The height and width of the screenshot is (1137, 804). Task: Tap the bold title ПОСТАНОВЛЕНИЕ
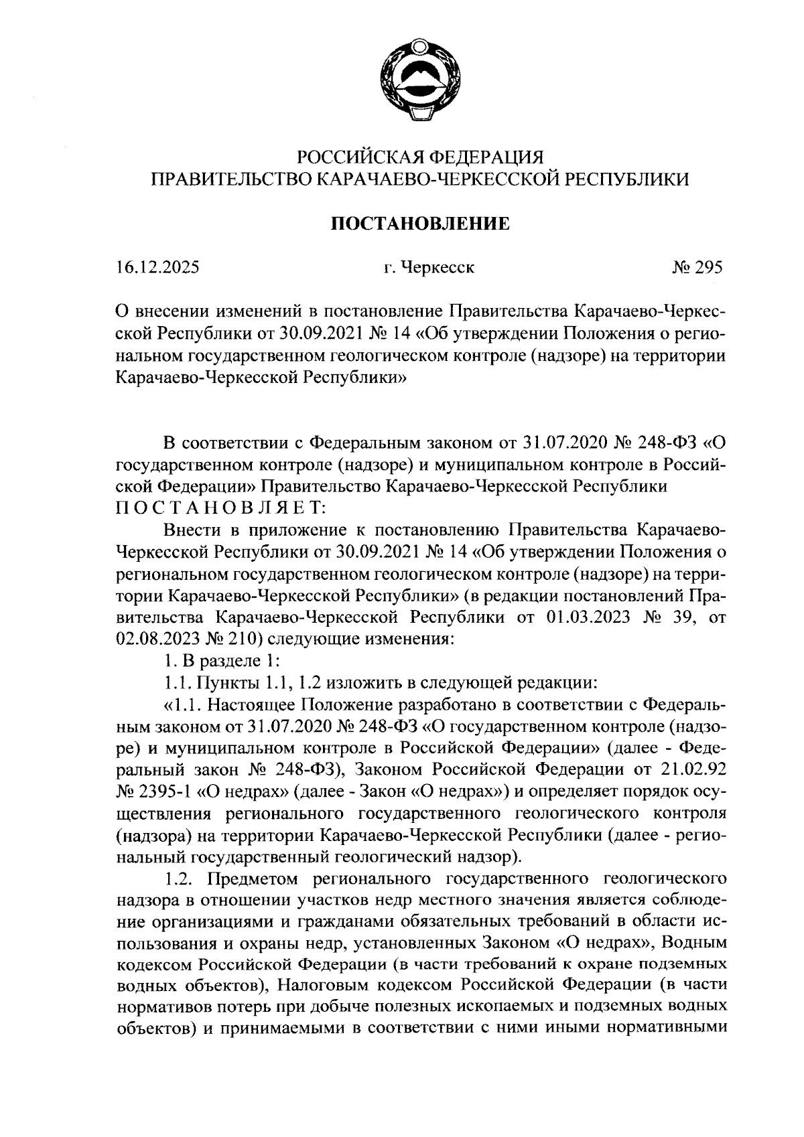pyautogui.click(x=420, y=223)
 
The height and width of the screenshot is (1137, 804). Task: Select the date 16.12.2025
pyautogui.click(x=157, y=268)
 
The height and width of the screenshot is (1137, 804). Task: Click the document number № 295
pyautogui.click(x=697, y=268)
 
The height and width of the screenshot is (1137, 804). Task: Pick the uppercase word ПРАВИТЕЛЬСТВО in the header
pyautogui.click(x=231, y=179)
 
